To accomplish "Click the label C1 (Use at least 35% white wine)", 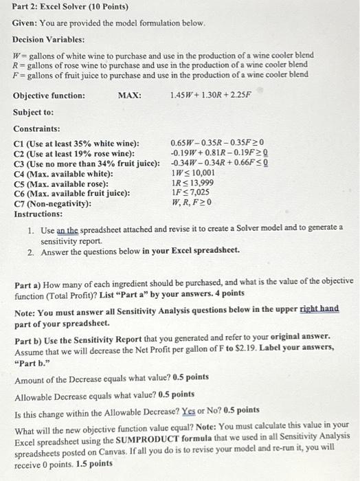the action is pos(76,143).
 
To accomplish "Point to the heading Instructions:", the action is pos(37,214).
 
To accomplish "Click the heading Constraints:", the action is pos(36,128).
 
